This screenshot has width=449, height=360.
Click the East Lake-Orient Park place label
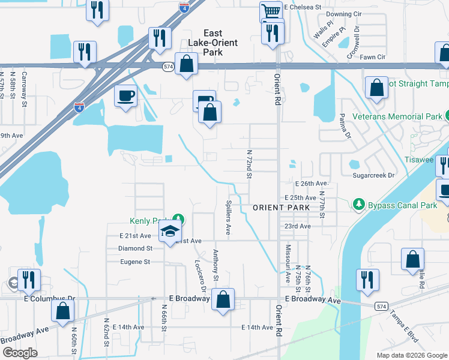204,43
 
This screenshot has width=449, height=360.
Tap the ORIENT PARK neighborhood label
281,208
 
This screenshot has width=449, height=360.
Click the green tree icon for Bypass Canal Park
360,205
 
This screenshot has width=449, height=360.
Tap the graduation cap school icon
170,232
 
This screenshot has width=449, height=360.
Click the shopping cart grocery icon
271,11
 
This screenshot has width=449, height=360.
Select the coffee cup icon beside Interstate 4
125,95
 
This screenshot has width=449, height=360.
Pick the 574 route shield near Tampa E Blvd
381,306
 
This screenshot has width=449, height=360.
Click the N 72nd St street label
249,165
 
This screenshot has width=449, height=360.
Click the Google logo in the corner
20,353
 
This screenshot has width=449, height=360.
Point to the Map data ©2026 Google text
411,355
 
